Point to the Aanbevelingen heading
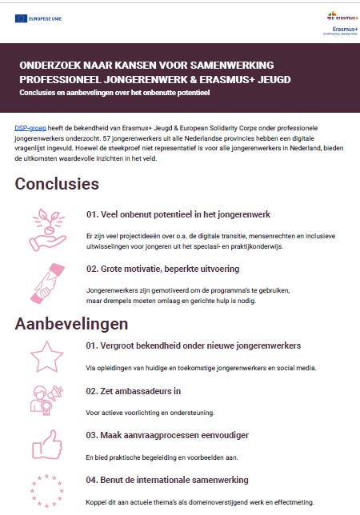click(x=72, y=325)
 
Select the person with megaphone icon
click(x=47, y=398)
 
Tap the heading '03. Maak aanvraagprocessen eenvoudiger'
click(x=167, y=435)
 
